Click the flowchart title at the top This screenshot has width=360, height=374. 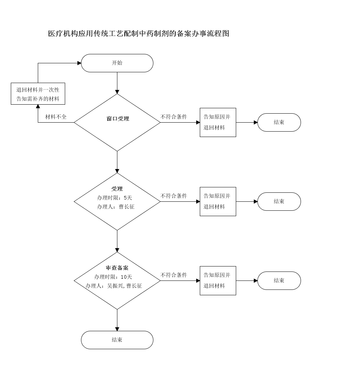point(139,34)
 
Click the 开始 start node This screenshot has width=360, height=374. point(117,63)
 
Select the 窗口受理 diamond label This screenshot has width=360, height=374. point(118,119)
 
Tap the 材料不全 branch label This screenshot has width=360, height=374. point(56,117)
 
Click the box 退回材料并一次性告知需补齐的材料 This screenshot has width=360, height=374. point(38,94)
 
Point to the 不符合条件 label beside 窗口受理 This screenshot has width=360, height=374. point(174,117)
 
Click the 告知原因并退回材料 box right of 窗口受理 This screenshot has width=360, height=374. point(218,122)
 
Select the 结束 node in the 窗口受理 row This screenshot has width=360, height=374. point(279,122)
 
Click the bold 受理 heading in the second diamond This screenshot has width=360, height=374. point(117,189)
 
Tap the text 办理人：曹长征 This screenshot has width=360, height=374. point(115,207)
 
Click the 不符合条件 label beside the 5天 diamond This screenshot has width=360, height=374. point(174,196)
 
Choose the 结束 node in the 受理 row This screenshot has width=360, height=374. point(279,201)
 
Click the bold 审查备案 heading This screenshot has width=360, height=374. point(117,268)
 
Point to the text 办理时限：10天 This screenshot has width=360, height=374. point(113,277)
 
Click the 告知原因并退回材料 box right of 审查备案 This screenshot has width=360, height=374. point(218,280)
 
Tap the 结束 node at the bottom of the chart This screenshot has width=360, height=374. point(117,340)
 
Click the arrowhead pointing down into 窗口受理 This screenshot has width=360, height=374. point(117,92)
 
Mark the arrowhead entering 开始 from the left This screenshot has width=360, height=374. point(79,63)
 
